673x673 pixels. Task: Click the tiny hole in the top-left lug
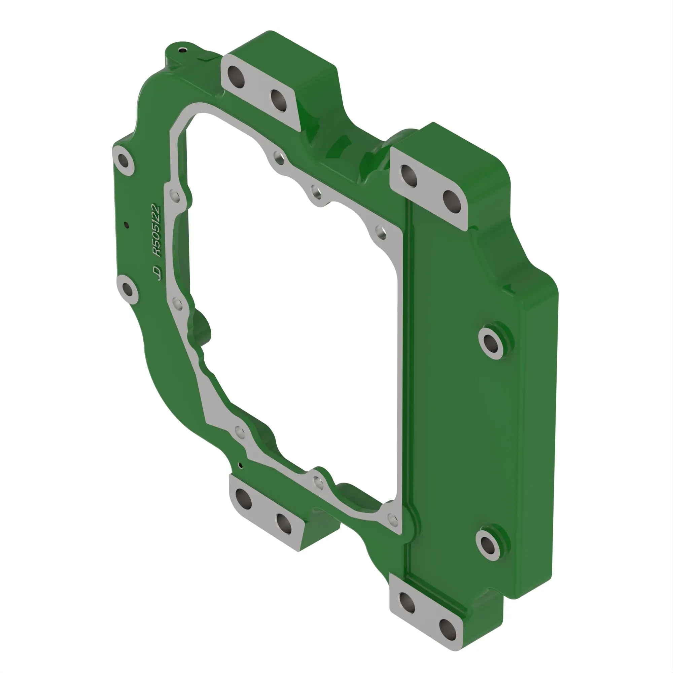point(181,50)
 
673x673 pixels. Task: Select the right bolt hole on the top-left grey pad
point(279,101)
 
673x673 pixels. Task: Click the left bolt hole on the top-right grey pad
point(409,176)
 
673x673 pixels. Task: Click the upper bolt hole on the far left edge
point(123,161)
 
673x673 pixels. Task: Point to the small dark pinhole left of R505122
point(127,225)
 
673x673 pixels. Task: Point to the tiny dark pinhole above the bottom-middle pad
point(240,465)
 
